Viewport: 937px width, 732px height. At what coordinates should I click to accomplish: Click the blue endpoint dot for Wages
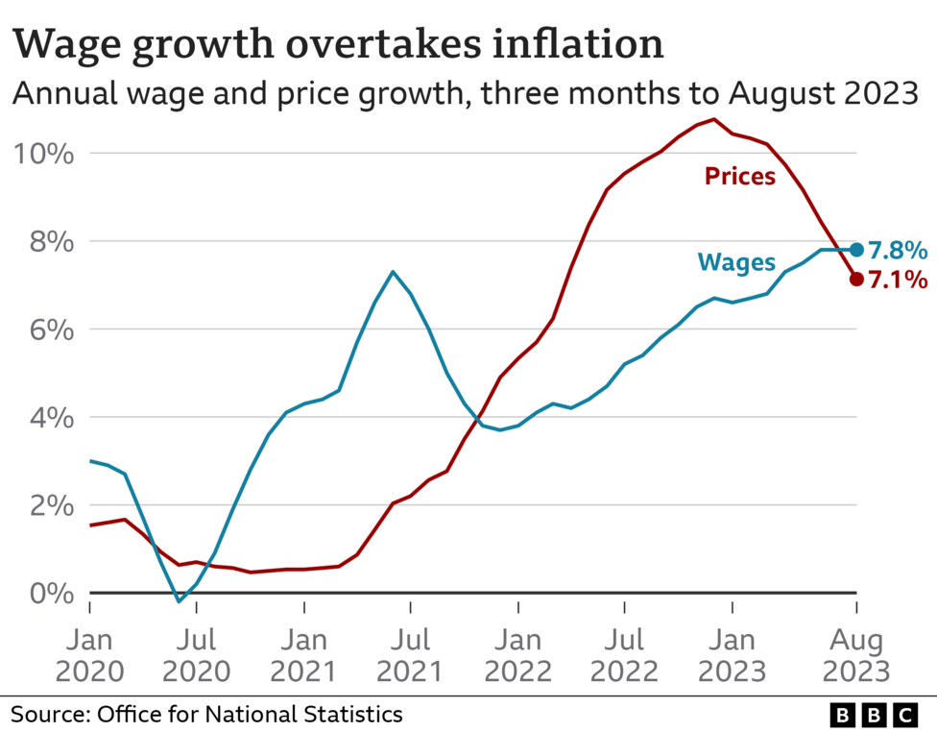[x=856, y=250]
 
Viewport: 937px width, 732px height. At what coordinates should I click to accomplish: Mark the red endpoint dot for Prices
[x=856, y=280]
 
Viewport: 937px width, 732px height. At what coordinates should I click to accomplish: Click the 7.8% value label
[x=898, y=251]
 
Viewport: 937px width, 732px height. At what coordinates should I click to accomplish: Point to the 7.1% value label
[x=898, y=281]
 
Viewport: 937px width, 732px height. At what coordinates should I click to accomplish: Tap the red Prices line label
[x=739, y=176]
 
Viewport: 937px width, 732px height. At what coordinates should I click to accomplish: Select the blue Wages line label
[x=736, y=260]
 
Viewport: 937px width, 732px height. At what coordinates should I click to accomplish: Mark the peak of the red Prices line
[x=713, y=119]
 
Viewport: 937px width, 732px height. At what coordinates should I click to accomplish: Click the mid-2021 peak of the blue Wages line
[x=393, y=272]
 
